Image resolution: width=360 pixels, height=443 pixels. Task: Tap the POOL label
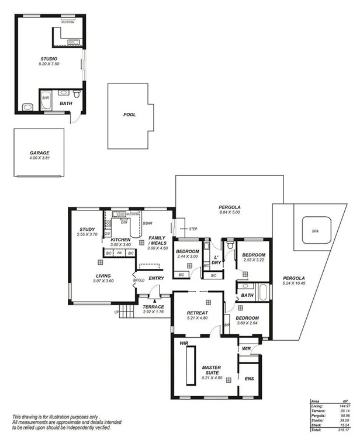coord(129,115)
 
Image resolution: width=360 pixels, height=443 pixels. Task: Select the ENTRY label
coord(156,278)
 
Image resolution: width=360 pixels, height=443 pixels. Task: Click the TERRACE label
coord(153,307)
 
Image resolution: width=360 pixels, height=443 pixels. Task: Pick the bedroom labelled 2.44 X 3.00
coord(188,253)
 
